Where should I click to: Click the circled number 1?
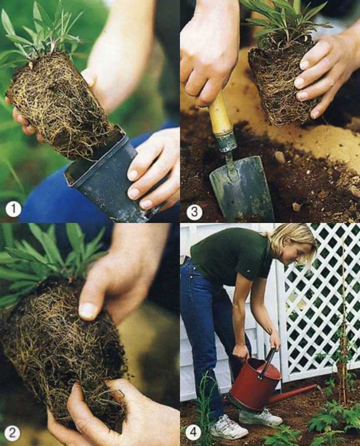click(x=13, y=209)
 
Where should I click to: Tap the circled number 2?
click(x=12, y=433)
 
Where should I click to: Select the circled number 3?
click(x=194, y=212)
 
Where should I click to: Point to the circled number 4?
click(x=193, y=433)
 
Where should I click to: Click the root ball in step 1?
click(x=61, y=105)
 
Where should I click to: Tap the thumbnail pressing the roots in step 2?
click(x=87, y=310)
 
